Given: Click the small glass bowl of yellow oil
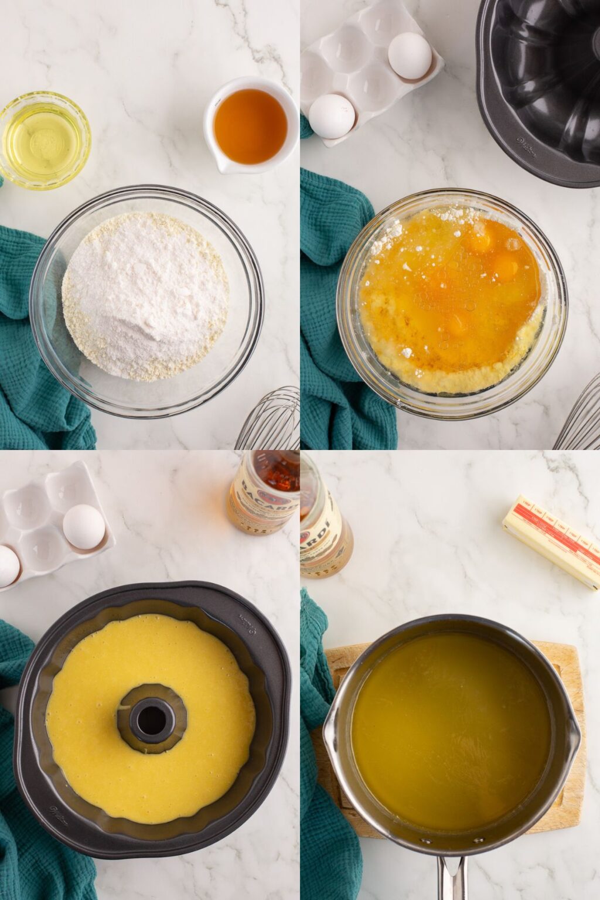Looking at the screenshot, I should pyautogui.click(x=45, y=140).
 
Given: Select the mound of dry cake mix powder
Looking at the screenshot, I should pyautogui.click(x=145, y=295).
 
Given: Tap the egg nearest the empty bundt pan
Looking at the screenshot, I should pyautogui.click(x=410, y=56).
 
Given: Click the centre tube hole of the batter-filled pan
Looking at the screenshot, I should pyautogui.click(x=152, y=720).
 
